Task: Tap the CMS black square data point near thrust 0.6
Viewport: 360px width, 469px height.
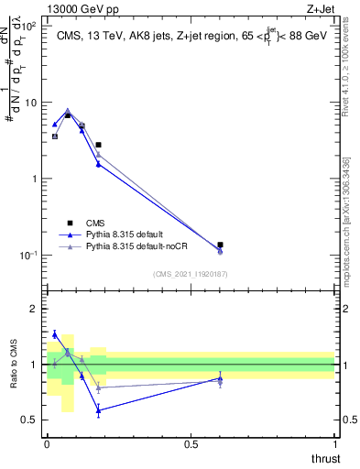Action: coord(220,245)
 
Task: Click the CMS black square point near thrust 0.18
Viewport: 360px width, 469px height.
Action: coord(98,145)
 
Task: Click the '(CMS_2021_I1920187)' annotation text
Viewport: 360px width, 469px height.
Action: coord(191,273)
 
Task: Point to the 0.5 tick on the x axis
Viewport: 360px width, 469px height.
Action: coord(191,442)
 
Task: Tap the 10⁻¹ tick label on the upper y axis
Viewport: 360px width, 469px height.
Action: coord(27,255)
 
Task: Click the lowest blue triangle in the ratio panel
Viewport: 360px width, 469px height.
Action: coord(98,410)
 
